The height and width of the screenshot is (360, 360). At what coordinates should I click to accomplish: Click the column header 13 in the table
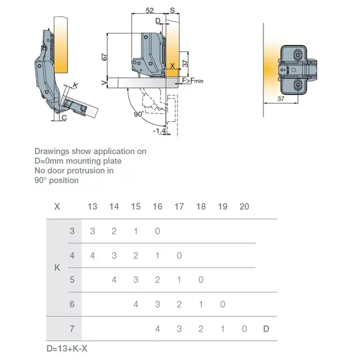click(x=92, y=207)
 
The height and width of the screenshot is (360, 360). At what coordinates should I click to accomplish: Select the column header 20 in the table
click(x=244, y=207)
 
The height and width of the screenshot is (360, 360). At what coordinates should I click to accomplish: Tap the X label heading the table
click(x=57, y=207)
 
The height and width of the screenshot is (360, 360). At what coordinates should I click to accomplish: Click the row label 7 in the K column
click(x=72, y=328)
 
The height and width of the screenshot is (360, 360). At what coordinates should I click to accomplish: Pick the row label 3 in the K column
click(x=72, y=231)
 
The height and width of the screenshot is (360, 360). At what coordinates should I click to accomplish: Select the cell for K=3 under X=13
click(x=92, y=231)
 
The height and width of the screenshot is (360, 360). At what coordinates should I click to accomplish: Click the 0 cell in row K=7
click(x=244, y=328)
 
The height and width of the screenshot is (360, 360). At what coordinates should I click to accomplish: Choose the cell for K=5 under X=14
click(x=114, y=280)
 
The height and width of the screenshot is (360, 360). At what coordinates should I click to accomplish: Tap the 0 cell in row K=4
click(x=179, y=256)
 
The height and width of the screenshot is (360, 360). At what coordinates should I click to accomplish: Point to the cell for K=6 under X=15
click(x=136, y=304)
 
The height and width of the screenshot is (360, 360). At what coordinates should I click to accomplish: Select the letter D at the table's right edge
click(x=266, y=328)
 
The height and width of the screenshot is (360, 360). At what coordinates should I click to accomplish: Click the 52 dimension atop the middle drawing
click(x=150, y=11)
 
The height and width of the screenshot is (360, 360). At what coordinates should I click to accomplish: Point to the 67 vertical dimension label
click(x=104, y=57)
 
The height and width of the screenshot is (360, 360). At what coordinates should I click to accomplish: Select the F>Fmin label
click(x=191, y=81)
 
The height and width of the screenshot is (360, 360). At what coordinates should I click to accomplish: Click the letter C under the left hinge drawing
click(x=64, y=117)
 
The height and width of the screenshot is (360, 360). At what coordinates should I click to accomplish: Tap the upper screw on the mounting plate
click(x=297, y=55)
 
